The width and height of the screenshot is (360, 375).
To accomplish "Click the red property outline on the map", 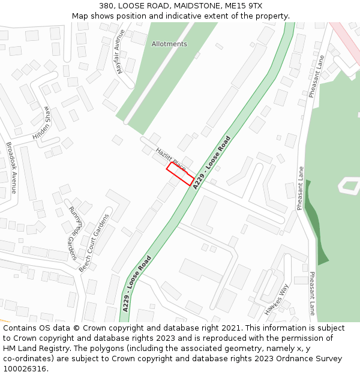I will coord(180,174).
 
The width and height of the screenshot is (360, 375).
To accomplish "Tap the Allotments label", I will coord(169,44).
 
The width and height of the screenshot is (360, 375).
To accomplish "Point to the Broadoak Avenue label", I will coord(11,168).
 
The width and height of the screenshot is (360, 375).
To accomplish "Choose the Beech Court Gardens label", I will coord(96,242).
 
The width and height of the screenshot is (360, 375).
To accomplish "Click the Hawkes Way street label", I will coord(277,299).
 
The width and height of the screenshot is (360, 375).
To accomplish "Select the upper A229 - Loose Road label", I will coord(211,163).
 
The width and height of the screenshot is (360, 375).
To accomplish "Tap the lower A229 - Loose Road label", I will coord(136,283).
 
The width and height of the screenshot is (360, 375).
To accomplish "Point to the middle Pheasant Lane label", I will coord(300,188).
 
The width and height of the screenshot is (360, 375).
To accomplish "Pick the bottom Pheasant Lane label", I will coord(312,293).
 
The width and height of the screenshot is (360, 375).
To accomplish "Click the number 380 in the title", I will coord(107,6).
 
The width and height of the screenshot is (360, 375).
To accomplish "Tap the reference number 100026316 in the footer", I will coord(25,369).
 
